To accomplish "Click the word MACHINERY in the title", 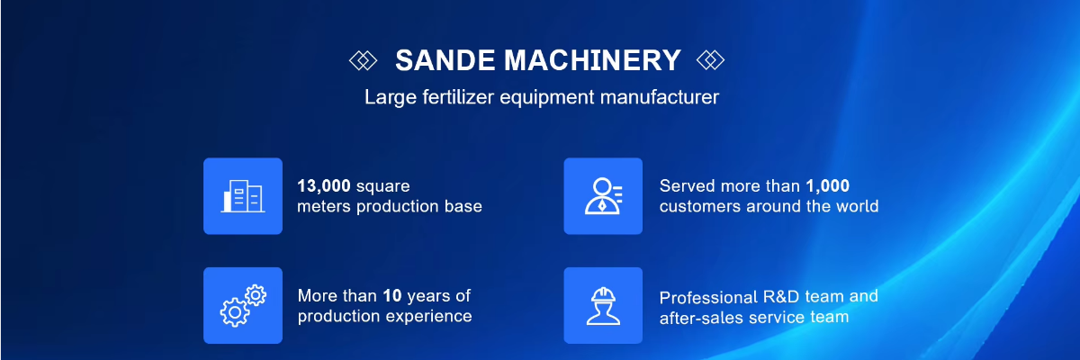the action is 592,60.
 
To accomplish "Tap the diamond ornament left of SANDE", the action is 363,60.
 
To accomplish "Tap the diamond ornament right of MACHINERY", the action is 710,60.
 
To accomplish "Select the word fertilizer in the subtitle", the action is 458,97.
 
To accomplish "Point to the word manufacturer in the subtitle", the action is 659,97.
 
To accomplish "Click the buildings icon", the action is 243,196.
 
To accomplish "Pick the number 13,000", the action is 323,186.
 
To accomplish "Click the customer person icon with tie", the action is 603,196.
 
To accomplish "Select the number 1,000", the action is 827,186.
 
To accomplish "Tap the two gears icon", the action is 243,305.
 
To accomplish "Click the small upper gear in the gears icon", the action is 256,295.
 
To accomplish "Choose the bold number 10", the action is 392,295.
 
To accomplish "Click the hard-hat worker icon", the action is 603,305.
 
